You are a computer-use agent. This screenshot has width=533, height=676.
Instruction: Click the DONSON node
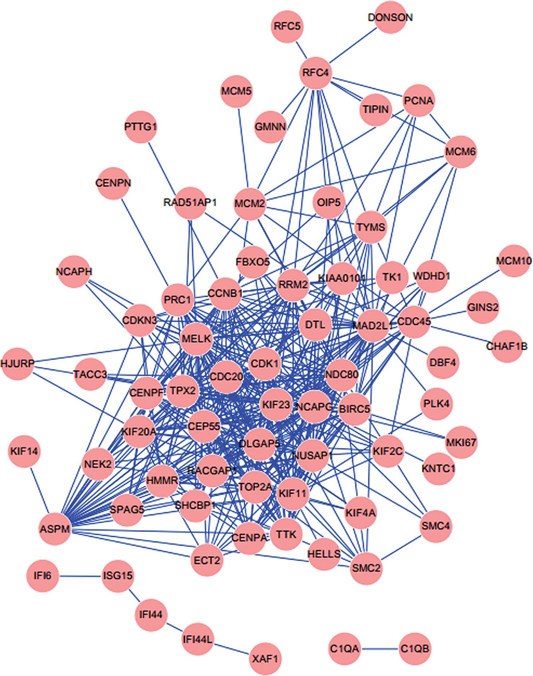coord(390,17)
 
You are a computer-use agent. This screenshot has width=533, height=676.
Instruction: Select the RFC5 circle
coord(287,26)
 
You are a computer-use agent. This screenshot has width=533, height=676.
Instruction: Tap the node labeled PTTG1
coord(141,127)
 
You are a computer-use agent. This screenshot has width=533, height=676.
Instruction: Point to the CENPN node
coord(113,183)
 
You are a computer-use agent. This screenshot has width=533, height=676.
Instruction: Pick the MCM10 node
coord(513,261)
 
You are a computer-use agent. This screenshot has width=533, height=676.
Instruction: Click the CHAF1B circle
coord(507,346)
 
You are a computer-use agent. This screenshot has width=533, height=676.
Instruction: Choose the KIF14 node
coord(24,451)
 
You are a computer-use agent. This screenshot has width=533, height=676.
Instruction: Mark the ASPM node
coord(55,529)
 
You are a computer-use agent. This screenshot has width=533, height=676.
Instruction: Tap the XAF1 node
coord(266,659)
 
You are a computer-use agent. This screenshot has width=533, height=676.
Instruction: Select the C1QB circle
coord(415,649)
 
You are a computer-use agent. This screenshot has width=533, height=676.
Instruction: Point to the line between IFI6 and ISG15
coord(80,576)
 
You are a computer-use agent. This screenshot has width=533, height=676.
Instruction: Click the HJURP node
coord(17,363)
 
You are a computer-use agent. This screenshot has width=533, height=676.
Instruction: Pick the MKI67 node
coord(461,442)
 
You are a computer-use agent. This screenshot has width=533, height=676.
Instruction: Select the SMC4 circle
coord(435,526)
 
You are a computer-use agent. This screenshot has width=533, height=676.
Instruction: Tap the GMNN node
coord(270,127)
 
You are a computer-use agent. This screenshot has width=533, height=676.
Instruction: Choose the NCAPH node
coord(74,272)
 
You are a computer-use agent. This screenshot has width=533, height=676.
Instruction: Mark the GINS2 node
coord(483,307)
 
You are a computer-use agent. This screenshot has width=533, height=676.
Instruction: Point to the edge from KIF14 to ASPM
coord(39,490)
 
